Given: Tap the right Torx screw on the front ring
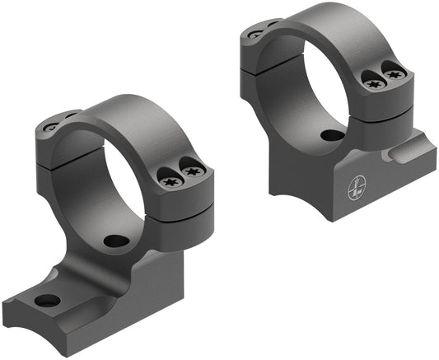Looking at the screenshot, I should (194, 171).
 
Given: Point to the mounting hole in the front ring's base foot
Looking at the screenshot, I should (48, 300).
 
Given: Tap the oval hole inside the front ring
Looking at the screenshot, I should (117, 241).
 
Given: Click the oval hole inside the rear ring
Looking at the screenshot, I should (332, 136).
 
